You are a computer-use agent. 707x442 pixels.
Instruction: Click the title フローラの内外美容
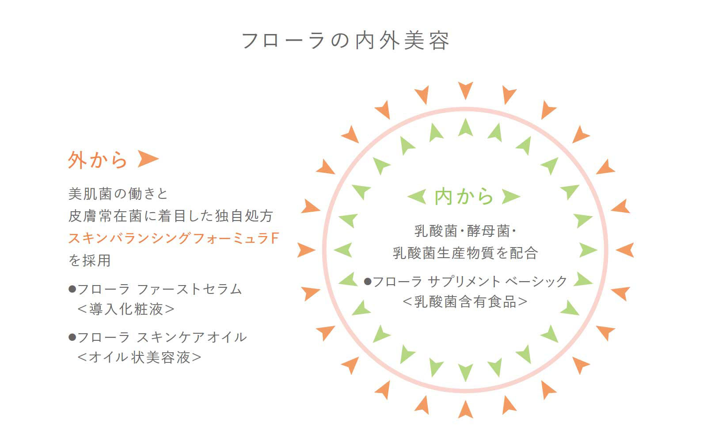346,41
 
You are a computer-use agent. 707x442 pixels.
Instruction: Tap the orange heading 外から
98,160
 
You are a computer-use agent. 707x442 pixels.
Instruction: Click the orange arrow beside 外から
148,159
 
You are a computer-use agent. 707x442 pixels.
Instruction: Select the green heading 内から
464,196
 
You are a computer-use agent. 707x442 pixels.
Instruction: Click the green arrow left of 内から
417,196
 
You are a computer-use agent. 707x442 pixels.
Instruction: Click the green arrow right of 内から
511,196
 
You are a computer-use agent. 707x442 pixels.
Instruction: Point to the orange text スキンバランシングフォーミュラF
174,238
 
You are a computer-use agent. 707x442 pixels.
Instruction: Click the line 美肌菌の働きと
118,194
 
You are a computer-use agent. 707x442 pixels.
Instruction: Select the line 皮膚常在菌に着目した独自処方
171,216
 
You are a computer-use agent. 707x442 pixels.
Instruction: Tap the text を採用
90,260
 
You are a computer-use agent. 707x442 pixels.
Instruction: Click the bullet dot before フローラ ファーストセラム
72,289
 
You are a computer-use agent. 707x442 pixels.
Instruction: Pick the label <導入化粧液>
126,309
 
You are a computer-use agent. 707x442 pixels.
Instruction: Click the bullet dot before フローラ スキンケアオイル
72,337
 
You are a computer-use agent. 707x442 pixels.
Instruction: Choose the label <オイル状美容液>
139,358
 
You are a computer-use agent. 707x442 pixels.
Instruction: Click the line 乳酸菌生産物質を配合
465,253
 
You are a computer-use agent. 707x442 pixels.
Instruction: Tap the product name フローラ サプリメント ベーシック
470,281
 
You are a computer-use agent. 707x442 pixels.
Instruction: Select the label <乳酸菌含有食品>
465,302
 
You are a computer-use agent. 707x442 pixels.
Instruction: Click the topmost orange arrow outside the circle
466,90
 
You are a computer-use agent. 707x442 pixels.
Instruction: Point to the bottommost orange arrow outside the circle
466,409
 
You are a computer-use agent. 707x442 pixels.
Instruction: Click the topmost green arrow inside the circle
466,127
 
